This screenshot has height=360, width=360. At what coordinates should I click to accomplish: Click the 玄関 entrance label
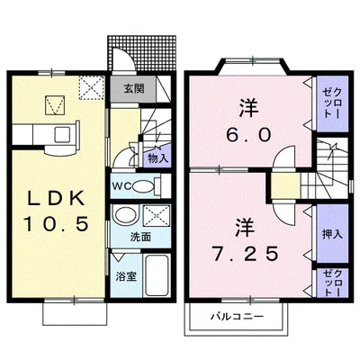[135, 88]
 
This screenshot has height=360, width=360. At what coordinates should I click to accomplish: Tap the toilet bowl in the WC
[142, 186]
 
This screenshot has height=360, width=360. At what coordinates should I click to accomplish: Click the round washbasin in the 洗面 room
[125, 215]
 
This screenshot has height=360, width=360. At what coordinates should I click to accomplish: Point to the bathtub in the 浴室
[156, 275]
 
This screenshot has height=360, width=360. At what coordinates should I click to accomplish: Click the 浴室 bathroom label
[126, 276]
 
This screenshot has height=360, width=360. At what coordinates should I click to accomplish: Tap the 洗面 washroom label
[140, 237]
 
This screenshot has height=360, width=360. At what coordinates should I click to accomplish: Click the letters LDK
[56, 199]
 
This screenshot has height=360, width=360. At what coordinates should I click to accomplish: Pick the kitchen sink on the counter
[62, 133]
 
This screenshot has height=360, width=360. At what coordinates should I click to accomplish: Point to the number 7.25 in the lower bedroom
[245, 254]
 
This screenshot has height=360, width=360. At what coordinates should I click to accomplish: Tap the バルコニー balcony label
[237, 316]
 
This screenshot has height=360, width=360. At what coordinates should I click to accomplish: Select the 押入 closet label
[332, 234]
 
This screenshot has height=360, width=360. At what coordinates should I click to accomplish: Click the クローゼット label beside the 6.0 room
[332, 102]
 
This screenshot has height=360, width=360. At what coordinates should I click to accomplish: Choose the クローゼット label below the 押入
[332, 283]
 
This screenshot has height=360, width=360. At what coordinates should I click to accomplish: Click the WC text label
[121, 186]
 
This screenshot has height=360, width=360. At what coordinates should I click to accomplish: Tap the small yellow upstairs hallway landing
[285, 185]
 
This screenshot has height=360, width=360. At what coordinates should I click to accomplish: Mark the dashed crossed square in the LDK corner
[92, 87]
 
